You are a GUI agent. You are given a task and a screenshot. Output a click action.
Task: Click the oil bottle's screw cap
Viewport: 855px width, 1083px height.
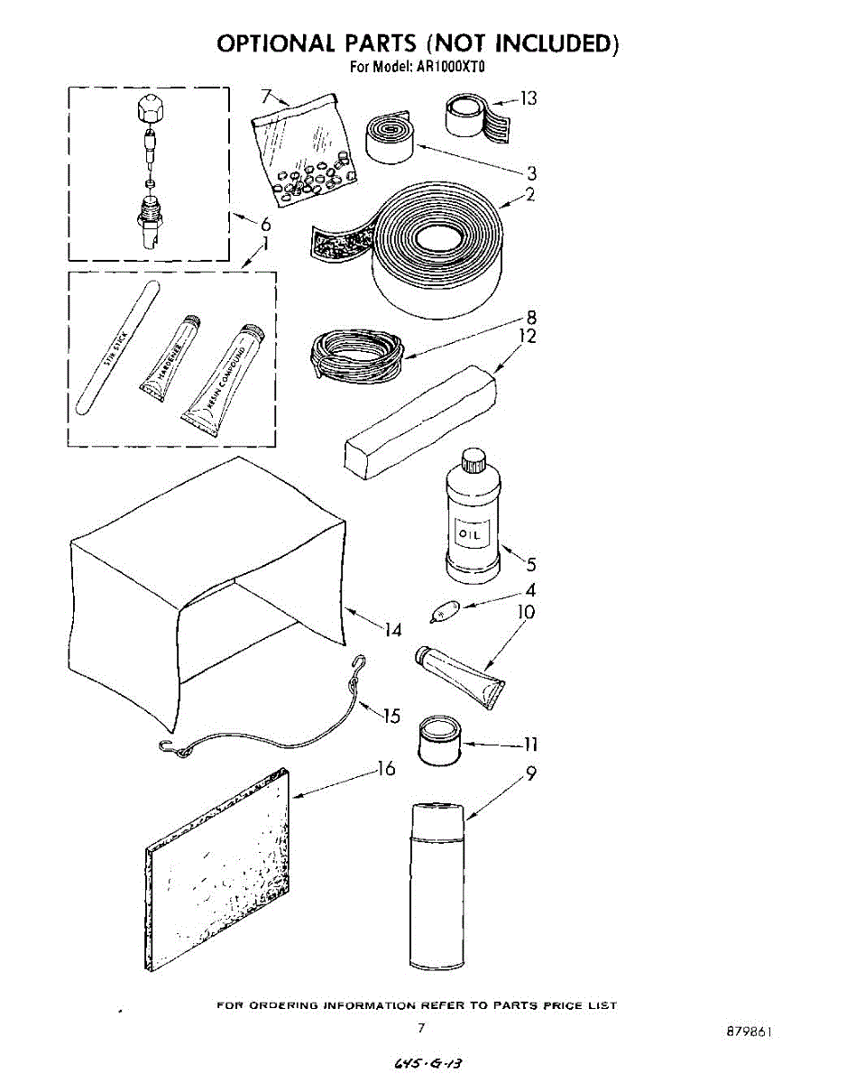(x=473, y=461)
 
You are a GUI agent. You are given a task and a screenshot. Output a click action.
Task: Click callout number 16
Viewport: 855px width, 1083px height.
(x=385, y=769)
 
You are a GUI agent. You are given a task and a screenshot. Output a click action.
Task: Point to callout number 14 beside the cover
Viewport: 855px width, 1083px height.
(x=392, y=631)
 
